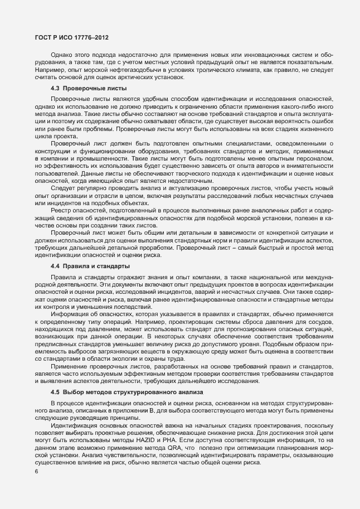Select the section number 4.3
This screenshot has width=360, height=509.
56,89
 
